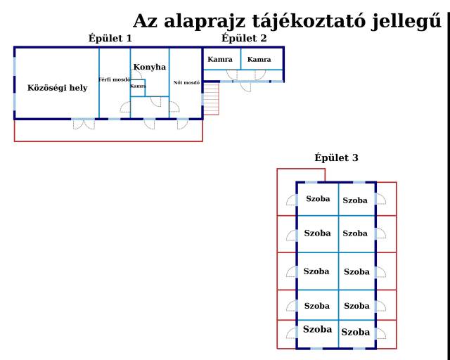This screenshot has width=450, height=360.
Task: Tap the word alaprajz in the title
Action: point(203,21)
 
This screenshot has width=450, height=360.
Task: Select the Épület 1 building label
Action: point(110,38)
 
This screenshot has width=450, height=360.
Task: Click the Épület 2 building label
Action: point(243,38)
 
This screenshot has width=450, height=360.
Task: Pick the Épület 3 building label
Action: point(336,158)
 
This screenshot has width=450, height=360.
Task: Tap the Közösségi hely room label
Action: point(58,88)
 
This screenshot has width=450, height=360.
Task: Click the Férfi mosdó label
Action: point(115,79)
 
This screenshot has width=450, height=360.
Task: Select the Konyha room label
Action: point(150,67)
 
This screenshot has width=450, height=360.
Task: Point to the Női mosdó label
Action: point(186,82)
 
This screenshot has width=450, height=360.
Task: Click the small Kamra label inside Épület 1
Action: point(138,86)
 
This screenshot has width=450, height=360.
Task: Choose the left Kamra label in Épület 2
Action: point(220,60)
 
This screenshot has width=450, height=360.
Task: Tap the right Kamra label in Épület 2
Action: point(259,60)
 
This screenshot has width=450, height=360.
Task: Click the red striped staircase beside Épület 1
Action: point(212,99)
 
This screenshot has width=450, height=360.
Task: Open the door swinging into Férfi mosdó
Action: point(124,108)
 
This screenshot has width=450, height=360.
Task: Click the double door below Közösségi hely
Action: point(83,124)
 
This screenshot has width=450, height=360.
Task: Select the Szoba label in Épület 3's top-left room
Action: point(318,199)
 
